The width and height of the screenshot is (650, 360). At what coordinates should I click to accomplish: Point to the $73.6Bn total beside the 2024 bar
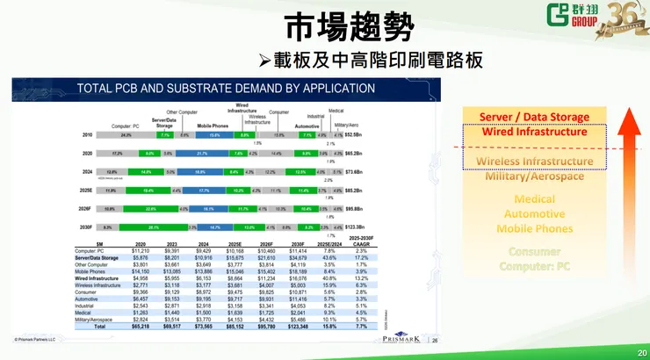point(353,172)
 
